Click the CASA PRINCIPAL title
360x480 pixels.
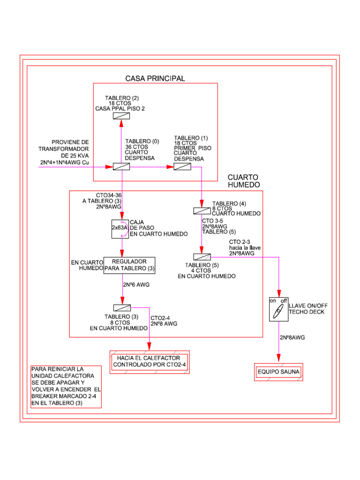155,78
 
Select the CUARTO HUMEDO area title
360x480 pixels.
243,181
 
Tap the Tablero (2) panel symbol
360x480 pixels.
121,115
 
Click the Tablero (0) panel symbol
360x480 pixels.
121,167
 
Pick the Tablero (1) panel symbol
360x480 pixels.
182,167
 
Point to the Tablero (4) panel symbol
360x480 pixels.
202,211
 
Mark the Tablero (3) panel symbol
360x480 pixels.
122,307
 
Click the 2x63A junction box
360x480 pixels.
119,227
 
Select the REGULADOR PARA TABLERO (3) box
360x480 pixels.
129,265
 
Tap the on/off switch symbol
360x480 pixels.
278,309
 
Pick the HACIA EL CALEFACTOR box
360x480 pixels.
149,361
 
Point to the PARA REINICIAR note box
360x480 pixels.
65,387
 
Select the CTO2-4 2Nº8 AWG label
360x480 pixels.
164,321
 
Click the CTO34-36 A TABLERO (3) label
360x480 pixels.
102,201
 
